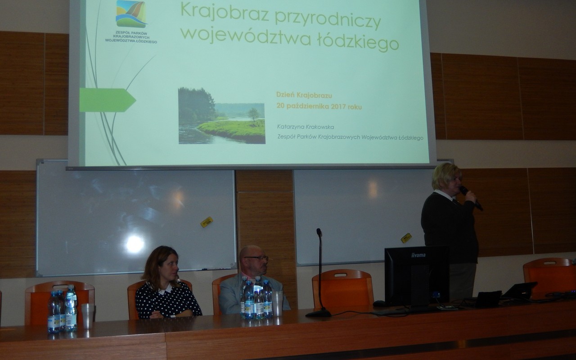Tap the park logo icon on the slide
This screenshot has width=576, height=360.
(x=131, y=13)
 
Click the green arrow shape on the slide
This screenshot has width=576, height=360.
(x=108, y=100)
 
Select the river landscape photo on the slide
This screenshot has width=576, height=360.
(x=222, y=116)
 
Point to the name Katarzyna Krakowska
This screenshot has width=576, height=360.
(x=306, y=127)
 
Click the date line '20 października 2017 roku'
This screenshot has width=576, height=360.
(x=319, y=106)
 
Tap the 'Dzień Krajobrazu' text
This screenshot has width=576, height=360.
(x=304, y=95)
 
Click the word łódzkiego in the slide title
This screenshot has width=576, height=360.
(x=358, y=42)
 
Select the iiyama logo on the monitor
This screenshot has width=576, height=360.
(x=418, y=255)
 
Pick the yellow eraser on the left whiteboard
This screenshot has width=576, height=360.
(x=207, y=222)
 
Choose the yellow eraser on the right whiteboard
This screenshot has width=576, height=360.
(x=406, y=238)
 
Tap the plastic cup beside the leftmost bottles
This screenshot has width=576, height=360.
(x=88, y=316)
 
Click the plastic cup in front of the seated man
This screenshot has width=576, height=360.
(x=277, y=303)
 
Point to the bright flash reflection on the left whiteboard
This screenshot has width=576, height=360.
(x=135, y=244)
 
